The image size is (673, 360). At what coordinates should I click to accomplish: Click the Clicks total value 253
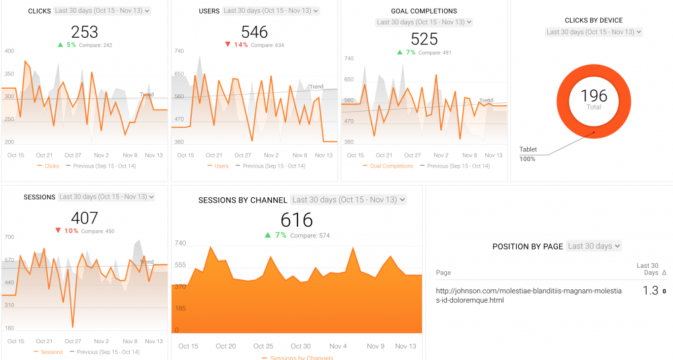click(x=84, y=32)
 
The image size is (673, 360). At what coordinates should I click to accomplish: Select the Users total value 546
click(x=254, y=32)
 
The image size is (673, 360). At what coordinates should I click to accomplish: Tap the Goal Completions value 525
click(x=424, y=39)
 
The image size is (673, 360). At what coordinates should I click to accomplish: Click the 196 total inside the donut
click(x=594, y=96)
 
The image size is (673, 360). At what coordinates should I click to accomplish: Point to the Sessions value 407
click(x=84, y=218)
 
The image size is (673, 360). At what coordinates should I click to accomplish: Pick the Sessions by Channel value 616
click(x=297, y=220)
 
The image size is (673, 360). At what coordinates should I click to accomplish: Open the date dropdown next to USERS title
click(x=271, y=11)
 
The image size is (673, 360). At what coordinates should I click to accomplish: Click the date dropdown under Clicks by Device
click(x=594, y=32)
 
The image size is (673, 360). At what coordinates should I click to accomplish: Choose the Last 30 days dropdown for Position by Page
click(x=594, y=246)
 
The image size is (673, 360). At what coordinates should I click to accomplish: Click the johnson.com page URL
click(x=529, y=295)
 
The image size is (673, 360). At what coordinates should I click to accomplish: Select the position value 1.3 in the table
click(x=649, y=291)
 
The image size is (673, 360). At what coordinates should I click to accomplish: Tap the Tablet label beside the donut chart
click(x=528, y=149)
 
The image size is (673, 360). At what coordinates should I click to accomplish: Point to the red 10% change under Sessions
click(x=71, y=231)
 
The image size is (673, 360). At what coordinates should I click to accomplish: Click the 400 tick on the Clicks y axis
click(x=9, y=51)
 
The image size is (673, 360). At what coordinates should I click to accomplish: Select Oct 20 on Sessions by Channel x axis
click(x=225, y=347)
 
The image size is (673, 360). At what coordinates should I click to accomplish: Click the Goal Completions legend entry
click(x=391, y=166)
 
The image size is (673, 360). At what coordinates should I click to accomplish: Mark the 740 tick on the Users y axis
click(x=179, y=51)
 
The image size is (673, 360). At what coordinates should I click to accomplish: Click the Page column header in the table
click(x=444, y=273)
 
